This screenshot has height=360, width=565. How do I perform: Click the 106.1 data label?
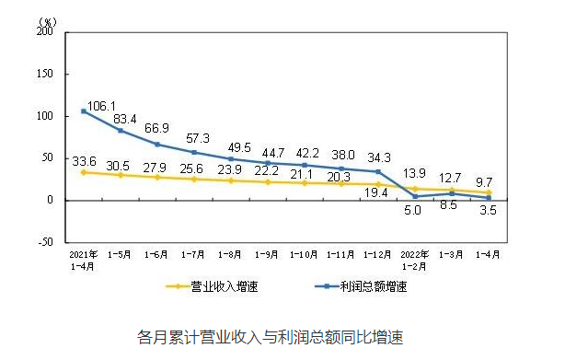[x=101, y=106]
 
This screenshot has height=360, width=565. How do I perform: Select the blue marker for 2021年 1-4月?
[x=84, y=111]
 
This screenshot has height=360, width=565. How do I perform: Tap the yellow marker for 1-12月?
[x=378, y=184]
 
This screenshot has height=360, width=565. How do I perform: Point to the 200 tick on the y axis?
[x=45, y=31]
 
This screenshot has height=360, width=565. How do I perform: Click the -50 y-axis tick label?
[x=46, y=241]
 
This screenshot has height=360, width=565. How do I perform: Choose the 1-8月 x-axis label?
[x=229, y=255]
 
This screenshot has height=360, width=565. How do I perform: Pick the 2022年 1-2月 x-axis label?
[x=414, y=261]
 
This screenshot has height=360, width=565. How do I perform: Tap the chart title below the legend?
[x=270, y=337]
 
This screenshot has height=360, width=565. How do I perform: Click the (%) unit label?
[x=47, y=22]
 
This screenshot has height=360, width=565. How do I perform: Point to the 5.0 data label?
[x=412, y=210]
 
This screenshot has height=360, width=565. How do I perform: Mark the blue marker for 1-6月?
[x=157, y=145]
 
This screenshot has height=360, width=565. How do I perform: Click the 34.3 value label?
[x=379, y=157]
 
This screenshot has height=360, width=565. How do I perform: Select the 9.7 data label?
[x=484, y=182]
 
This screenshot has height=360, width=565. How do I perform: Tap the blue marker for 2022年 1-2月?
[x=415, y=196]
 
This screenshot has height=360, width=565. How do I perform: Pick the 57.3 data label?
[x=198, y=138]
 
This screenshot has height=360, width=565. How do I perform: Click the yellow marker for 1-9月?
[x=268, y=182]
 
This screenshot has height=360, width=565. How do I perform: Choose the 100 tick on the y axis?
[x=45, y=116]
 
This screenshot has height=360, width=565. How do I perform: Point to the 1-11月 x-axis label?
[x=340, y=255]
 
